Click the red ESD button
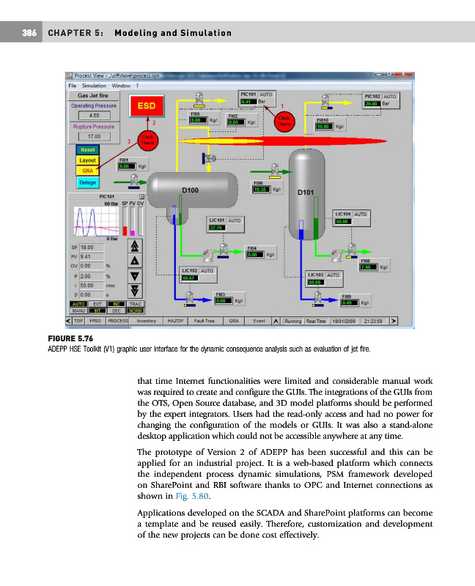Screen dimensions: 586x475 [145, 106]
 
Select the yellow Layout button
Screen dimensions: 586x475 [87, 160]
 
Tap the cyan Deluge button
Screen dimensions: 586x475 [87, 182]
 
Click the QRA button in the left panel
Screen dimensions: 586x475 [87, 171]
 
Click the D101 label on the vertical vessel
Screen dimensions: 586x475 [306, 193]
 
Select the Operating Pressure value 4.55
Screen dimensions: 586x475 [95, 115]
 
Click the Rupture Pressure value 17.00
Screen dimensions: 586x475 [95, 136]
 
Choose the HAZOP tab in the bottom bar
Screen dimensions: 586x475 [174, 320]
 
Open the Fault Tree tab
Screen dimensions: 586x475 [205, 320]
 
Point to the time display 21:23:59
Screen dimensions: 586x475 [374, 320]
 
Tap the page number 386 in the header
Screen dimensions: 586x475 [31, 33]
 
